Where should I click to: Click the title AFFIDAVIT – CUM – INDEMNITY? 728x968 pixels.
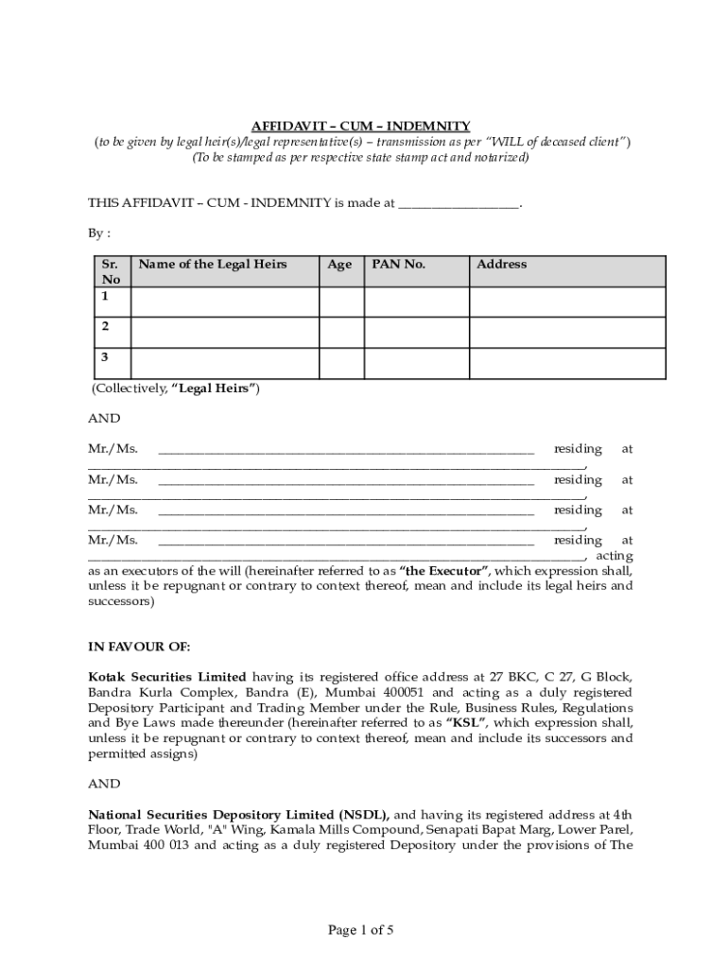click(x=360, y=126)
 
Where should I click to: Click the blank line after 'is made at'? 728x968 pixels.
click(x=459, y=202)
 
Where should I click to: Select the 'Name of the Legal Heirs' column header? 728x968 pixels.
click(x=213, y=265)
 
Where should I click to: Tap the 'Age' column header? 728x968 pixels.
click(x=339, y=265)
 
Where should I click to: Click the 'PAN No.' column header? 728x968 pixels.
click(x=399, y=265)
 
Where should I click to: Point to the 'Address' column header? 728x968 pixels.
click(x=502, y=265)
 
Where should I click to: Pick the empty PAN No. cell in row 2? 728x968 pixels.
click(x=417, y=333)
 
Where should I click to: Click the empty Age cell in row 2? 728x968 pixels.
click(x=341, y=333)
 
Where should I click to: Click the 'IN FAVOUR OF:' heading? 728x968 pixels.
click(x=139, y=647)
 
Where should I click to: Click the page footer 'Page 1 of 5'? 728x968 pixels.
click(x=360, y=930)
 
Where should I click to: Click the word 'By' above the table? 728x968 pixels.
click(x=95, y=233)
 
